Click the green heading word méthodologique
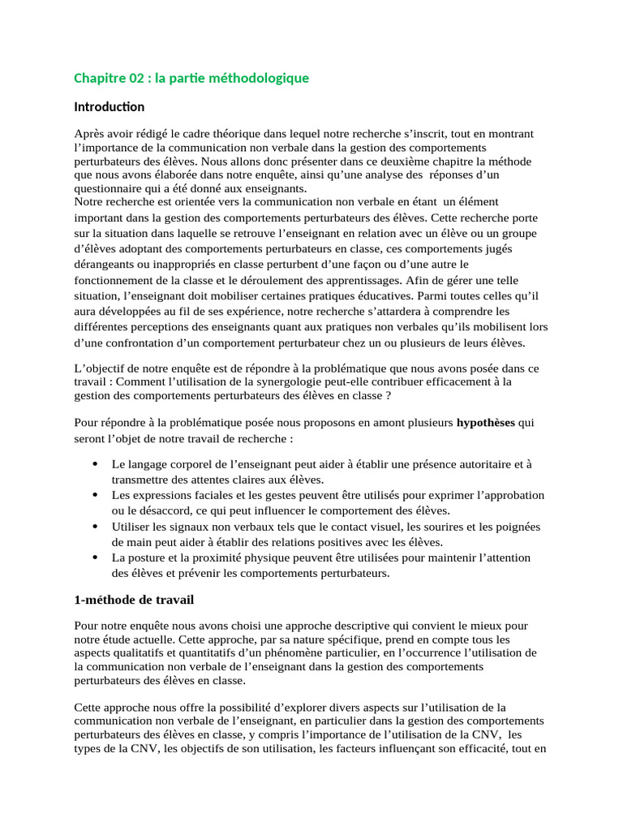coord(261,79)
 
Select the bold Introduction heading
coord(109,107)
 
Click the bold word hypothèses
coord(487,423)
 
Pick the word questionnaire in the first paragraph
coord(106,188)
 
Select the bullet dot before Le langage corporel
coord(96,464)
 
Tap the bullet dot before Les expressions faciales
coord(96,495)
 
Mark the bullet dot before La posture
coord(96,558)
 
